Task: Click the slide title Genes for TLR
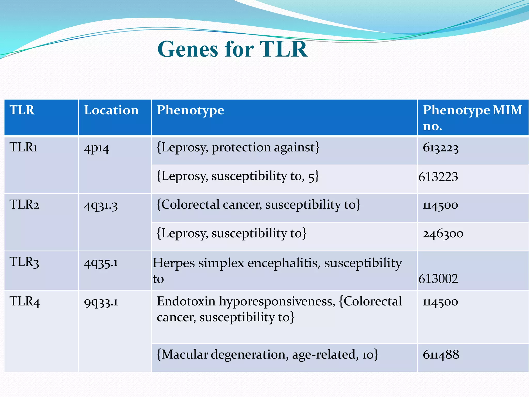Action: (x=232, y=49)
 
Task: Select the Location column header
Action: (x=111, y=110)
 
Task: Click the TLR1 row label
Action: (x=24, y=147)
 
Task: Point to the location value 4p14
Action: (x=97, y=148)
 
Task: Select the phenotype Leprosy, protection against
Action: (x=238, y=148)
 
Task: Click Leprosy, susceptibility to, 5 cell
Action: (x=238, y=176)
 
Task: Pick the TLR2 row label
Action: (x=24, y=205)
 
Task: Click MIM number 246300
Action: (x=443, y=234)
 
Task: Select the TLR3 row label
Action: (x=24, y=262)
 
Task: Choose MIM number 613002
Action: (x=438, y=279)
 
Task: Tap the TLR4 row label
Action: (x=25, y=301)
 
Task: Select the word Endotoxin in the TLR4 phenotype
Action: (x=186, y=301)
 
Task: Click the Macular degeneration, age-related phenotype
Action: (x=267, y=355)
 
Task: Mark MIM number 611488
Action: (x=441, y=355)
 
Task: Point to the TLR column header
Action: (x=22, y=110)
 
